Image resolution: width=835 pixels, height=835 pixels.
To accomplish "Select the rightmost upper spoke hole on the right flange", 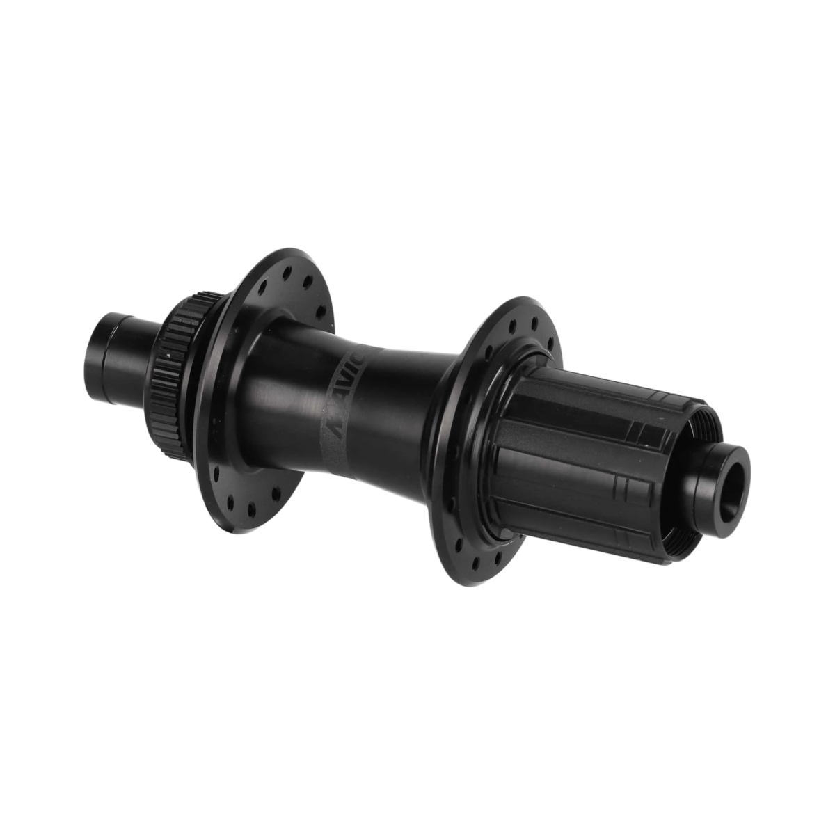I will click(x=550, y=341).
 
